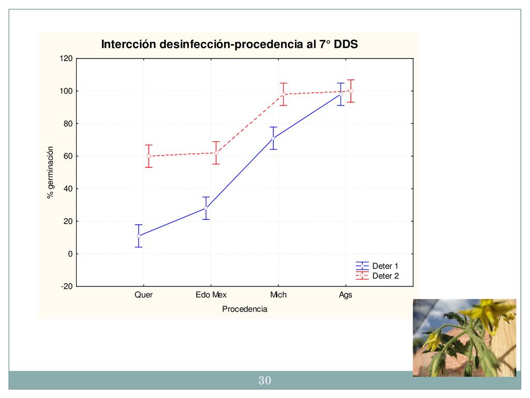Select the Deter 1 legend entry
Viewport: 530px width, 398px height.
pyautogui.click(x=385, y=266)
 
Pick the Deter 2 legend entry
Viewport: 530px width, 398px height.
pyautogui.click(x=385, y=276)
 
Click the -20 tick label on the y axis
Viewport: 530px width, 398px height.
pyautogui.click(x=66, y=287)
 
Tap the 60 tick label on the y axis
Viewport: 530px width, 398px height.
pyautogui.click(x=67, y=157)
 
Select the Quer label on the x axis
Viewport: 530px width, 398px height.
pyautogui.click(x=143, y=295)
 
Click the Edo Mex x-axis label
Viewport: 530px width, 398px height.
pyautogui.click(x=211, y=295)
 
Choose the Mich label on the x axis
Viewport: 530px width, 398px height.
pyautogui.click(x=278, y=295)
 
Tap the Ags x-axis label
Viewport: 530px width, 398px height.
pyautogui.click(x=346, y=295)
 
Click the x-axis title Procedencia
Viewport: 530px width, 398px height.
pyautogui.click(x=244, y=309)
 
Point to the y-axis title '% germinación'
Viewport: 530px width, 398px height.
pyautogui.click(x=50, y=172)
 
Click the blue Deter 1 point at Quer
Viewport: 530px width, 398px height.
pyautogui.click(x=139, y=236)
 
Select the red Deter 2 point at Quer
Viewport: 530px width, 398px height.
pyautogui.click(x=149, y=156)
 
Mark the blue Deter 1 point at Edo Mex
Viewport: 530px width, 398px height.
pyautogui.click(x=206, y=208)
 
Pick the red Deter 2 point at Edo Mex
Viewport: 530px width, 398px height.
pyautogui.click(x=216, y=153)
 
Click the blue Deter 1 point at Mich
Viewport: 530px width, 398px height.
pyautogui.click(x=273, y=138)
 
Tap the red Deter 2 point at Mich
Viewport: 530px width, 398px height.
pyautogui.click(x=284, y=94)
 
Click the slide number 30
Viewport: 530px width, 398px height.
pyautogui.click(x=264, y=381)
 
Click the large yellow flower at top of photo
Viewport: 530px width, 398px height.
pyautogui.click(x=489, y=312)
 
